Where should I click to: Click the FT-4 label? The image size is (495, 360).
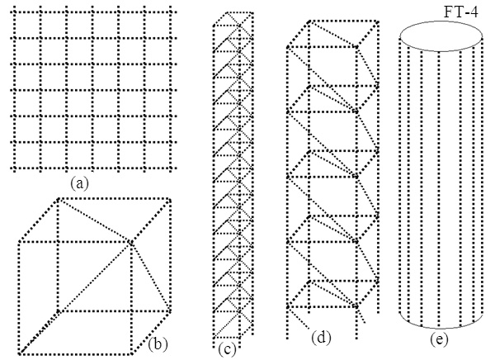pos(461,12)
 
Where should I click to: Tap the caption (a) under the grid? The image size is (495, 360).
pos(79,183)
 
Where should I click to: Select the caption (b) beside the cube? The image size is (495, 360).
pos(158,344)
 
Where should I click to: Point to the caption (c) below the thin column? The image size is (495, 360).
pos(227,349)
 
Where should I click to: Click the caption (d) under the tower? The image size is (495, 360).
pos(321,338)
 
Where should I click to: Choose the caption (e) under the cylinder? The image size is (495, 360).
pos(439,339)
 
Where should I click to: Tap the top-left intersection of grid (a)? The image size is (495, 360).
pos(14,12)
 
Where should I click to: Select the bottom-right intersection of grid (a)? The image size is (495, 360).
pos(171,168)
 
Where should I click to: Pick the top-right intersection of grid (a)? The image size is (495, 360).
pos(171,12)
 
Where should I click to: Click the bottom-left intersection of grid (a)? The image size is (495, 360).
pos(14,168)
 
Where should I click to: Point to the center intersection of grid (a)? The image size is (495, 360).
pos(92,90)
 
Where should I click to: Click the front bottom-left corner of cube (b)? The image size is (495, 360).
pos(20,353)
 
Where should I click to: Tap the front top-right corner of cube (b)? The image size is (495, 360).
pos(130,243)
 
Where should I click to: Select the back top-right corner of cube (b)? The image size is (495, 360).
pos(170,200)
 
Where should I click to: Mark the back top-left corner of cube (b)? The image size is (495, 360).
pos(59,199)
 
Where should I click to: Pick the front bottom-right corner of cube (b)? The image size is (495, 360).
pos(130,353)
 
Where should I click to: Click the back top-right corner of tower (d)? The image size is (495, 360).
pos(378,21)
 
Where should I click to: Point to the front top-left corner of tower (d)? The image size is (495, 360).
pos(288,47)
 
